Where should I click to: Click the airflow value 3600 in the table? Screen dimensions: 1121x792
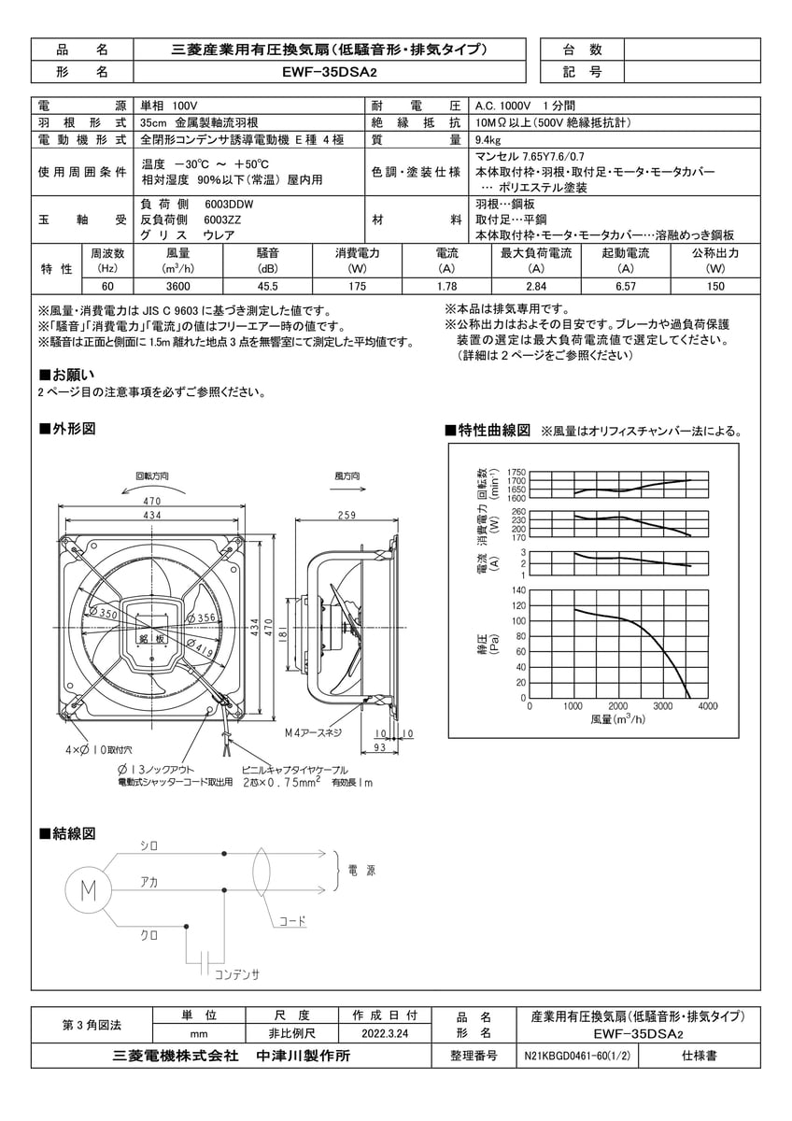click(178, 286)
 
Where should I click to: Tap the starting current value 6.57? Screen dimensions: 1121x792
click(626, 286)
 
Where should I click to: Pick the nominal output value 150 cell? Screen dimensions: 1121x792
click(715, 286)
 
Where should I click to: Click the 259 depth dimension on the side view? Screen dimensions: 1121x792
click(346, 515)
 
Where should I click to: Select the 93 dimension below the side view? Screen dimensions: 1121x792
click(380, 747)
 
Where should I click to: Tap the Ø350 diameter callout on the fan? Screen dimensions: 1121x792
click(106, 614)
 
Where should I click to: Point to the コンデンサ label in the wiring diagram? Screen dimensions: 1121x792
click(237, 974)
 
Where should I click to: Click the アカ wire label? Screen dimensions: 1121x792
click(148, 881)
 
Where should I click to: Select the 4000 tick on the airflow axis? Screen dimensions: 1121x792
click(708, 707)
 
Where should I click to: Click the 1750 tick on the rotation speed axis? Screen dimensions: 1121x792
click(517, 473)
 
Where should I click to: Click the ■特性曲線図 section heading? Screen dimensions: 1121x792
click(488, 431)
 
